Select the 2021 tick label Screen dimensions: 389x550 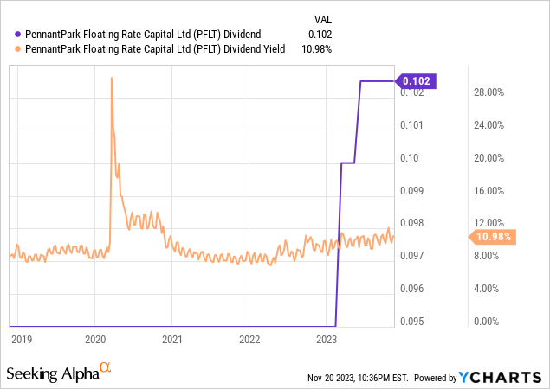(x=172, y=340)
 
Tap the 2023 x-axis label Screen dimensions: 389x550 (x=327, y=340)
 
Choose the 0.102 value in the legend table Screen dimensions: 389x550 (x=320, y=34)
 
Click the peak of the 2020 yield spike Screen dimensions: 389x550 (x=112, y=78)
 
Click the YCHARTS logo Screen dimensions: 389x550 (x=503, y=377)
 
